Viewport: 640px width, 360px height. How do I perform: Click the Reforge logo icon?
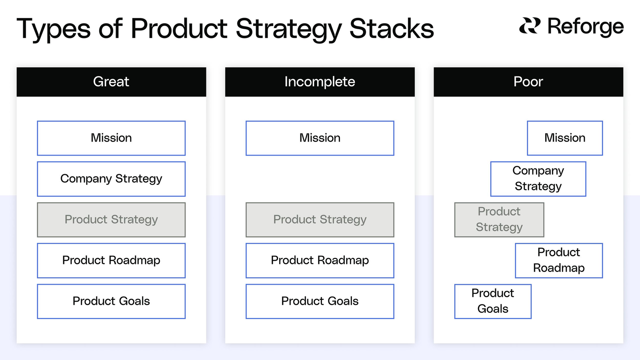(x=530, y=26)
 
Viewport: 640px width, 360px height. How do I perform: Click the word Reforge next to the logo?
(x=585, y=27)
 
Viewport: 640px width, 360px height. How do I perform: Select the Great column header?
(x=111, y=82)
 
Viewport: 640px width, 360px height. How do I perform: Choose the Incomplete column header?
(x=320, y=82)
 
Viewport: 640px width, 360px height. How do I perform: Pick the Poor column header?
(x=528, y=82)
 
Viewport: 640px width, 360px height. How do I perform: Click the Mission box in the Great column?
(x=111, y=138)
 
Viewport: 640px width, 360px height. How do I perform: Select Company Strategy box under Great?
(x=111, y=179)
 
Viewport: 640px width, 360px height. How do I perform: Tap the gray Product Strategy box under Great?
(x=111, y=220)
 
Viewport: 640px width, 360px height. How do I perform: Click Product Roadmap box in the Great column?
(x=111, y=260)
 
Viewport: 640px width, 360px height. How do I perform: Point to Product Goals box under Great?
(x=111, y=301)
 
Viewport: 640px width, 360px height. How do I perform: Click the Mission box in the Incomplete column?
(x=320, y=138)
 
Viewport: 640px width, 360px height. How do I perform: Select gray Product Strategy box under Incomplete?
(x=320, y=220)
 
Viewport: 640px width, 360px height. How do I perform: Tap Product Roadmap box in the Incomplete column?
(x=320, y=260)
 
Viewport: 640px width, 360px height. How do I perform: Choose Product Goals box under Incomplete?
(x=320, y=301)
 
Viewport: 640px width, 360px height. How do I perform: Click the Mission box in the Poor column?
(x=565, y=138)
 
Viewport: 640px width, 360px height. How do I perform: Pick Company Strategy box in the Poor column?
(x=538, y=179)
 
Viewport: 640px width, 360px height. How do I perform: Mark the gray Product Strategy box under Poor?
(x=499, y=220)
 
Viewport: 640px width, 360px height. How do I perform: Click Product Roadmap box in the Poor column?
(x=559, y=260)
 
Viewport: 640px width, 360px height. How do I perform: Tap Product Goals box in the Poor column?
(x=493, y=301)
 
